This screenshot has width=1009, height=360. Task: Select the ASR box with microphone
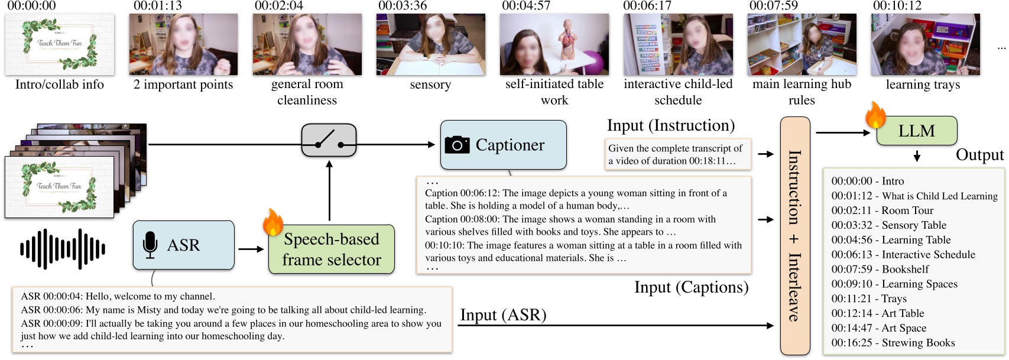tap(183, 245)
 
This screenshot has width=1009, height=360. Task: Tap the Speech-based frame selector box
tap(331, 249)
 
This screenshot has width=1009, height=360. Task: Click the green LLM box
tap(916, 131)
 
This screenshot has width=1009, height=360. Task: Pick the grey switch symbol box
tap(329, 140)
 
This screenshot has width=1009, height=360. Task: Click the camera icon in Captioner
tap(457, 145)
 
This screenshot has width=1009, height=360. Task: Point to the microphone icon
tap(150, 245)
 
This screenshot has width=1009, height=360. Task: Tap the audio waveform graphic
tap(63, 249)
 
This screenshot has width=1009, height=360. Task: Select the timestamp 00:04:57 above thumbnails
tap(525, 6)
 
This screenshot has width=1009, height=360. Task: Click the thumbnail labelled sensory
tap(430, 44)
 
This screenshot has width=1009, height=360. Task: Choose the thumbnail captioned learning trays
tap(924, 44)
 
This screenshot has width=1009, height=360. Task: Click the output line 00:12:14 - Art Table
tap(877, 313)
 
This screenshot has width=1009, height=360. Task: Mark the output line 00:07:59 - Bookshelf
tap(871, 270)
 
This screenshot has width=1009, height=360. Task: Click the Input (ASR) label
tap(503, 315)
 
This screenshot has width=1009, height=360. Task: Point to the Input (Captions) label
tap(691, 287)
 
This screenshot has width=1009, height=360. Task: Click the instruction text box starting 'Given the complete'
tap(677, 154)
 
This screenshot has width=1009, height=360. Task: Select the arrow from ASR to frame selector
tap(251, 249)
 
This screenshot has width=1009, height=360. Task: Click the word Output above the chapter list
tap(979, 155)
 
